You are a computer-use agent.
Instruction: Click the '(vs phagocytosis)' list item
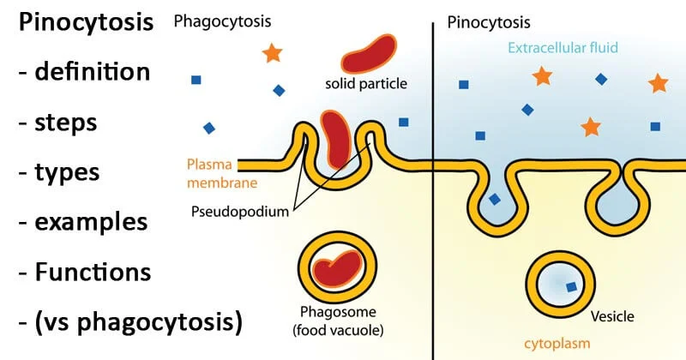tap(129, 323)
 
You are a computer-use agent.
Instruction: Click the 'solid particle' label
tap(366, 84)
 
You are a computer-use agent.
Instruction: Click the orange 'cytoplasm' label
tap(585, 345)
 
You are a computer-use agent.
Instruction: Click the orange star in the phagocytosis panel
tap(272, 52)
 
